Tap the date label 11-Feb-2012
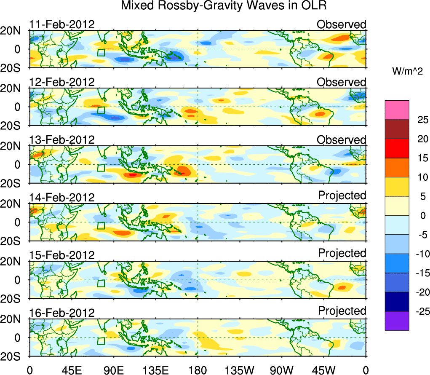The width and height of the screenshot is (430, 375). coord(62,24)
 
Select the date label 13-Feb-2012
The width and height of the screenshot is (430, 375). coord(62,139)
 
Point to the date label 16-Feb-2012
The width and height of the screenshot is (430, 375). coord(62,313)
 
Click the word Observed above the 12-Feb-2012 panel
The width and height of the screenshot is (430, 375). coord(342,82)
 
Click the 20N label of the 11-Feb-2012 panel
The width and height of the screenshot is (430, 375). coord(14,30)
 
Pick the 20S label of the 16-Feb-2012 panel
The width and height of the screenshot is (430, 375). coord(14,356)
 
